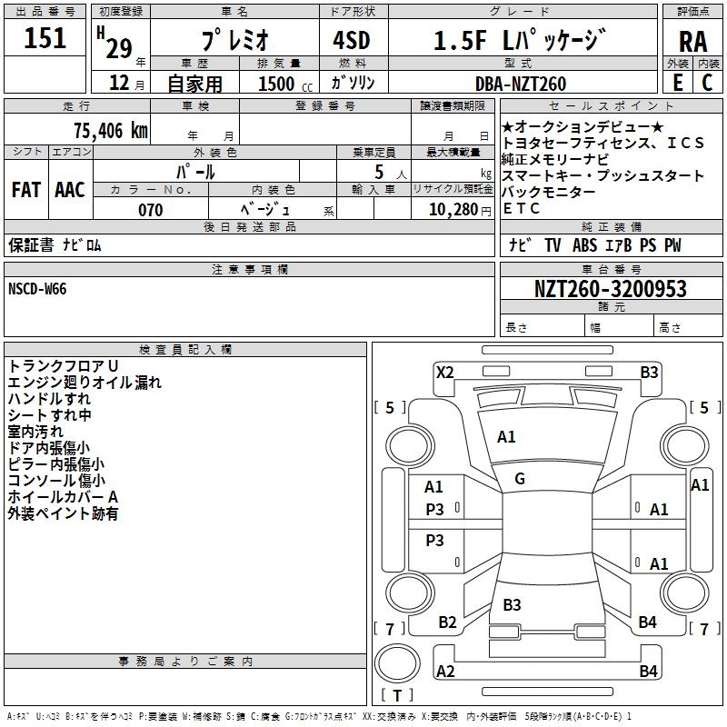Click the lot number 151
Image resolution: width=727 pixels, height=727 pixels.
point(45,38)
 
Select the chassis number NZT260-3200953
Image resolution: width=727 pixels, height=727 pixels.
point(610,289)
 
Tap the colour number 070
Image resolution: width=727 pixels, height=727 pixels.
point(150,210)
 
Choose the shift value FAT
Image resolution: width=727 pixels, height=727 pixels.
point(25,190)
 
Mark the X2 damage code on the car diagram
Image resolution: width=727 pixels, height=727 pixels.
point(444,372)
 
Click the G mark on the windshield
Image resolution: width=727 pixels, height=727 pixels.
point(520,479)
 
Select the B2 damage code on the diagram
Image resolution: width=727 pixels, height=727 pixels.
point(447,622)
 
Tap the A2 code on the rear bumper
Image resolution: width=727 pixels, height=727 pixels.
point(445,672)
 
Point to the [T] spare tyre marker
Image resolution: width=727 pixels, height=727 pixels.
point(397,696)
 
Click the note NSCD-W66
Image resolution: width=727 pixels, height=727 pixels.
point(37,289)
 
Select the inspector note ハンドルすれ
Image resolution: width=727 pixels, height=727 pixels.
point(49,399)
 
